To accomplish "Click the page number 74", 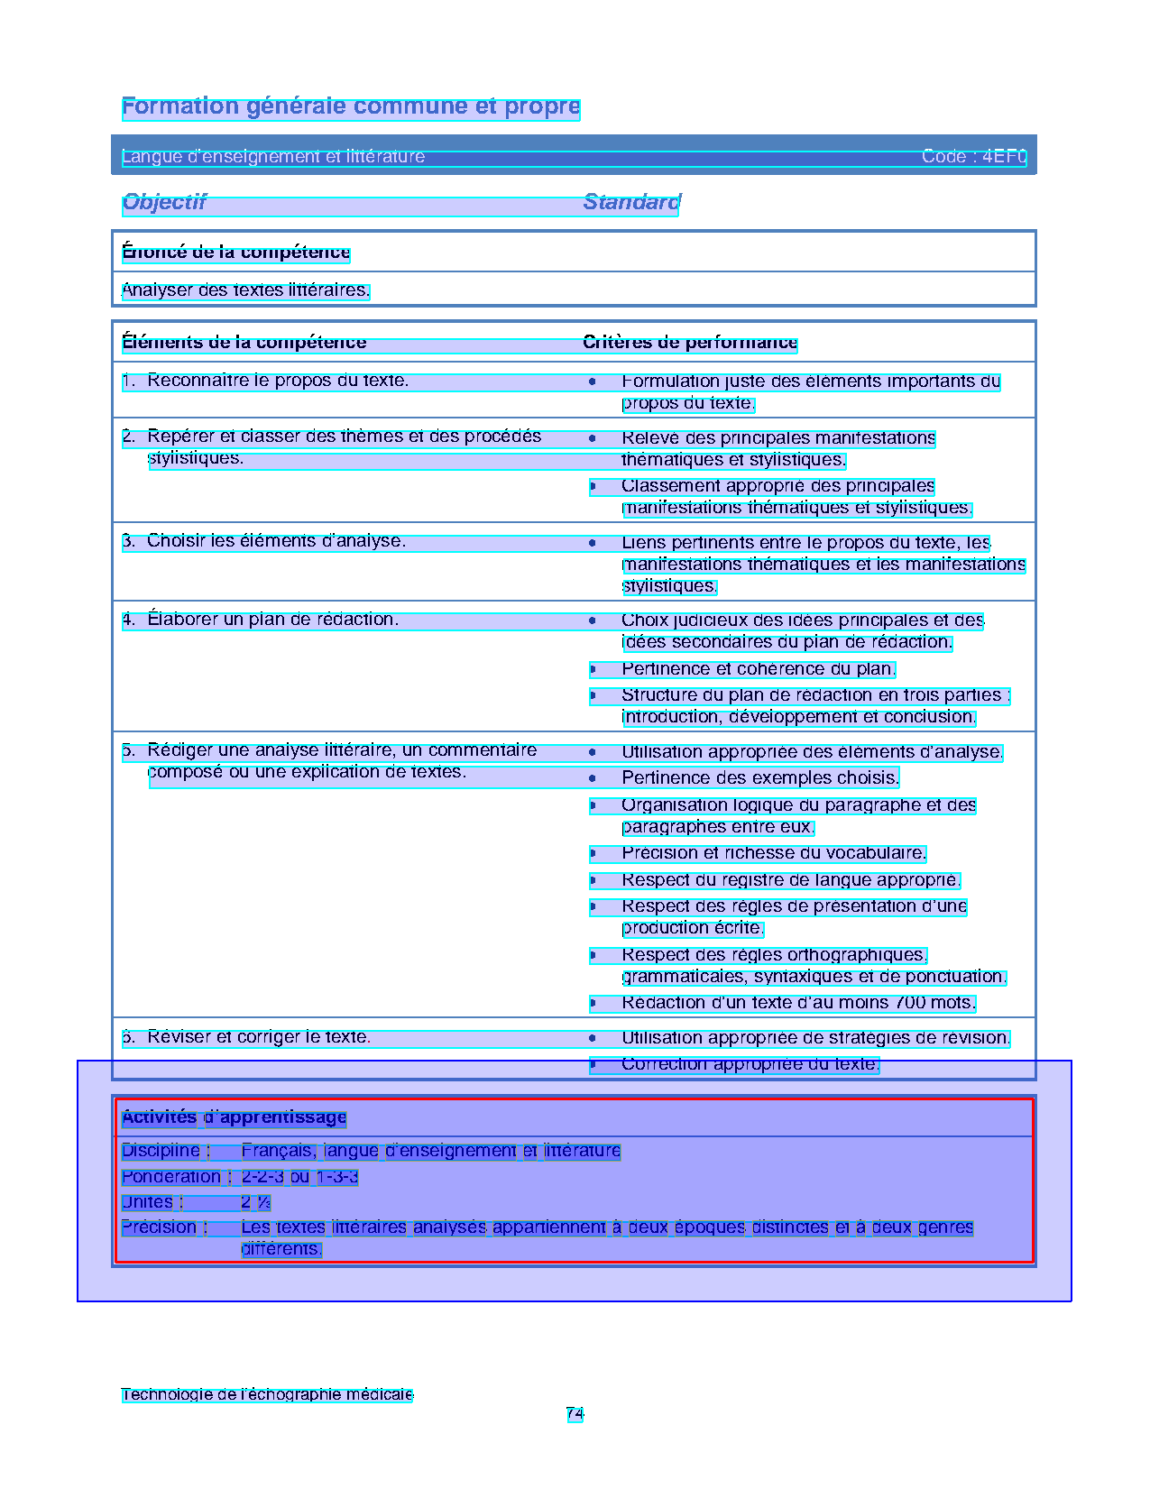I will pyautogui.click(x=575, y=1413).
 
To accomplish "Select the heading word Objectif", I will pyautogui.click(x=164, y=202).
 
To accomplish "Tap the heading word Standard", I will pyautogui.click(x=631, y=202).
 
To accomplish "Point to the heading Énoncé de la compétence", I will pyautogui.click(x=235, y=253).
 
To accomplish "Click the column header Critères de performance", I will pyautogui.click(x=690, y=343).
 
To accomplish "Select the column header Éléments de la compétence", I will pyautogui.click(x=244, y=343).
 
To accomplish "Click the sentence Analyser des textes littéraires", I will pyautogui.click(x=245, y=290).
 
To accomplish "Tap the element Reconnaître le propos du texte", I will pyautogui.click(x=277, y=381).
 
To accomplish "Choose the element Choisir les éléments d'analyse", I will pyautogui.click(x=276, y=541).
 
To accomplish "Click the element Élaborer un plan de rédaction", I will pyautogui.click(x=272, y=620).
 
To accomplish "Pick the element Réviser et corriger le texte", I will pyautogui.click(x=258, y=1037).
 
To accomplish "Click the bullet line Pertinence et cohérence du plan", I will pyautogui.click(x=758, y=669).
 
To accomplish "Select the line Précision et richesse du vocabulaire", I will pyautogui.click(x=773, y=853).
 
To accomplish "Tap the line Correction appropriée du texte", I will pyautogui.click(x=750, y=1064).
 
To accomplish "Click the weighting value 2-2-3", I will pyautogui.click(x=262, y=1177).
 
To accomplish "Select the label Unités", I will pyautogui.click(x=148, y=1202).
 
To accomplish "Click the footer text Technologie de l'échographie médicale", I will pyautogui.click(x=267, y=1394).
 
